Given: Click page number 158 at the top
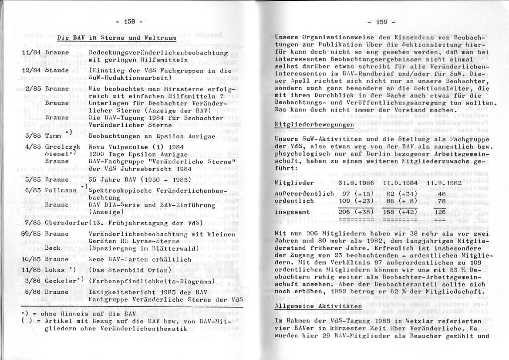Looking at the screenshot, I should (x=129, y=22).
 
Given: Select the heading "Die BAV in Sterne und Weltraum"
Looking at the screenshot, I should (x=117, y=38).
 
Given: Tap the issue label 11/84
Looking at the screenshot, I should (x=31, y=53).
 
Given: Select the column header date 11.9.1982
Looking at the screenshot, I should (x=446, y=182).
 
